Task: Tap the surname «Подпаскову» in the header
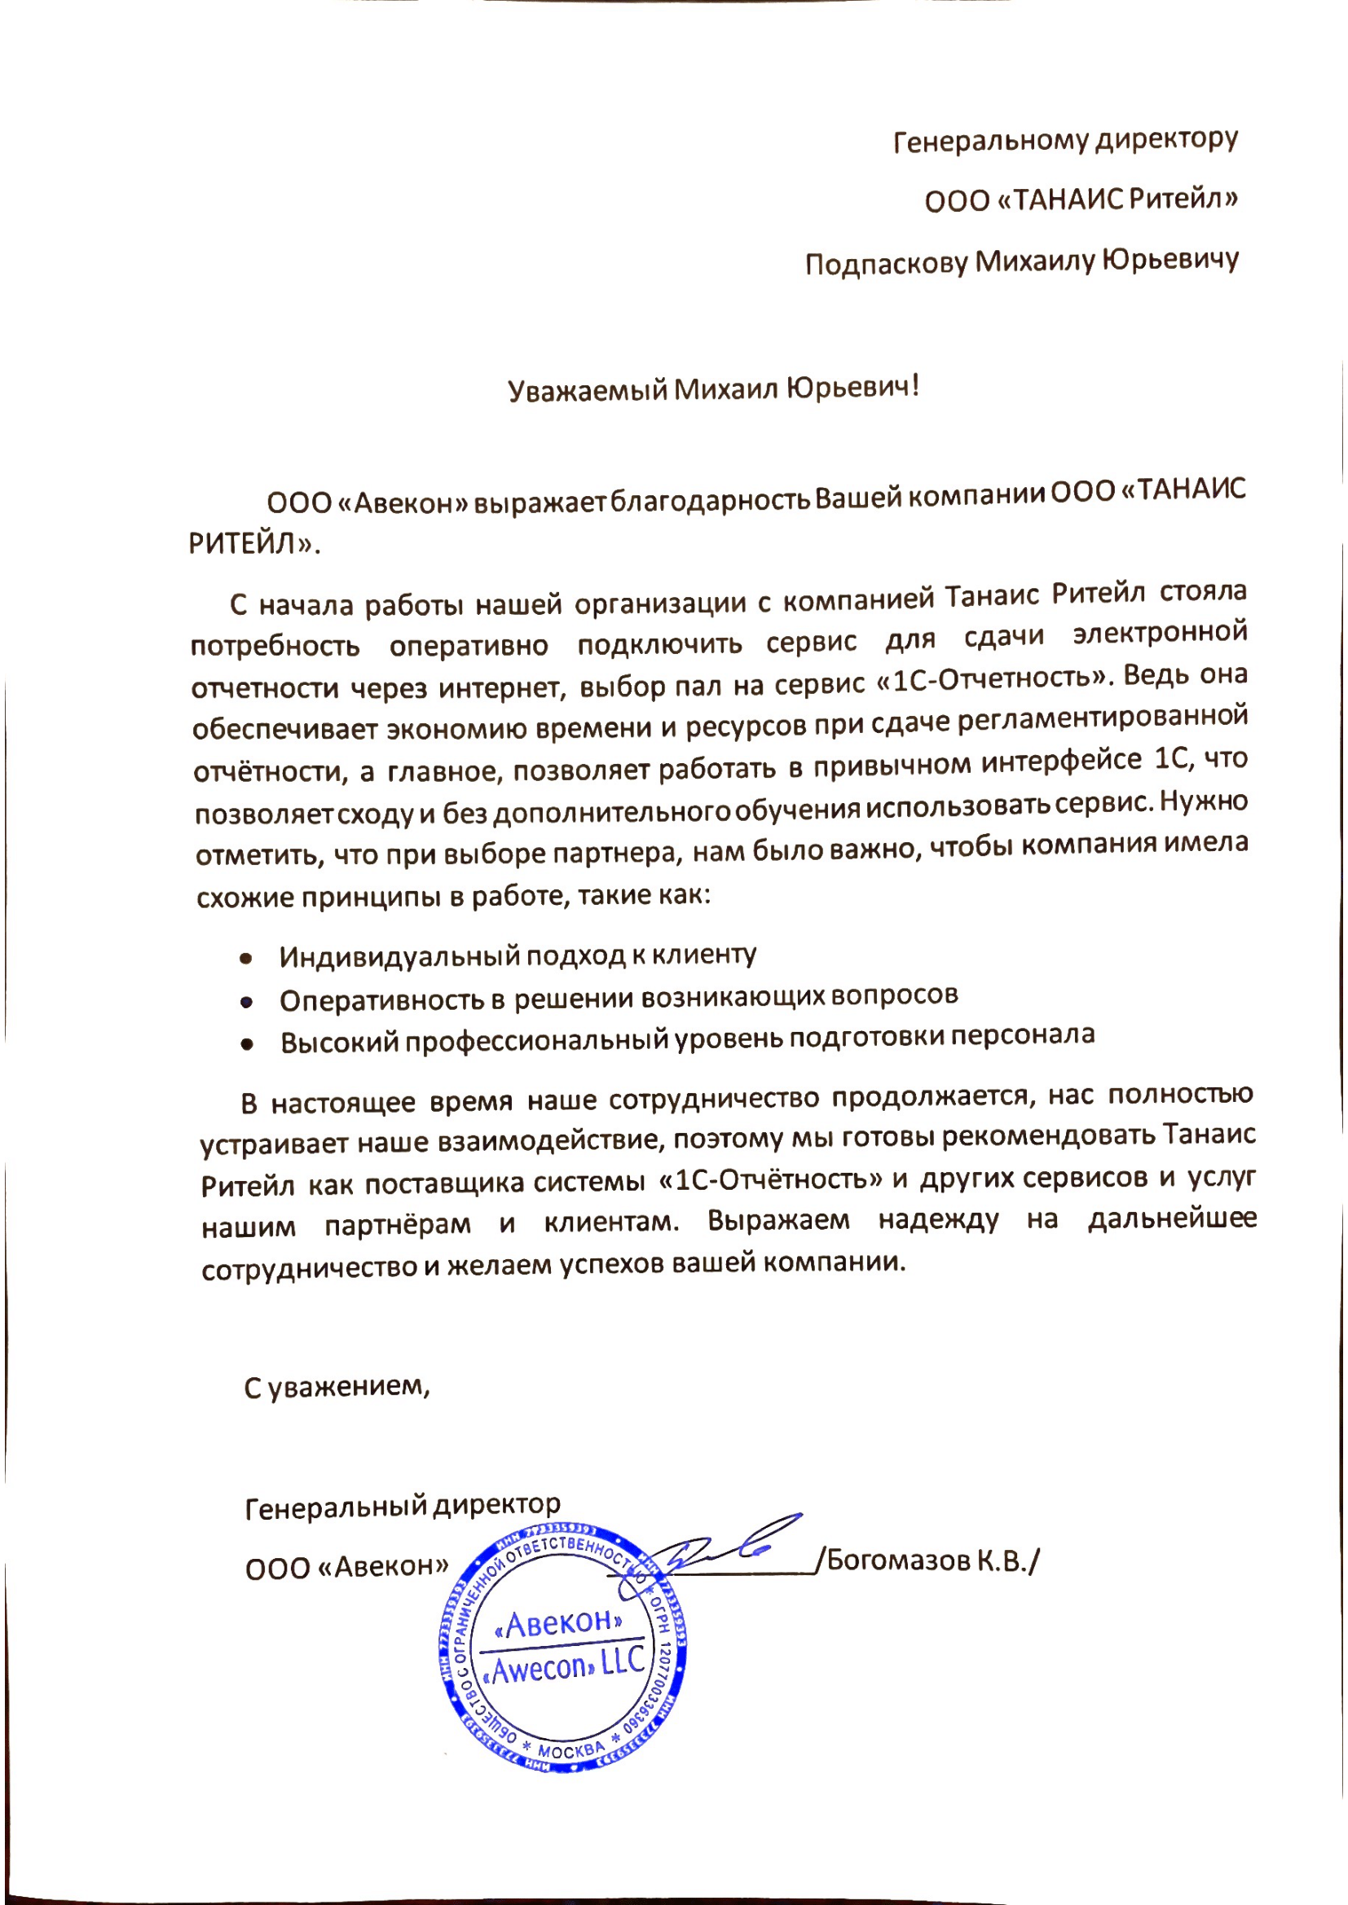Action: tap(886, 264)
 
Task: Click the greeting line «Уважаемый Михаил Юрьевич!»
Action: tap(714, 388)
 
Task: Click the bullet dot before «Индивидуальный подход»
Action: tap(245, 959)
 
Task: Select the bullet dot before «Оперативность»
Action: tap(245, 1003)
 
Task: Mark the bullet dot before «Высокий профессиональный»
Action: tap(246, 1046)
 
